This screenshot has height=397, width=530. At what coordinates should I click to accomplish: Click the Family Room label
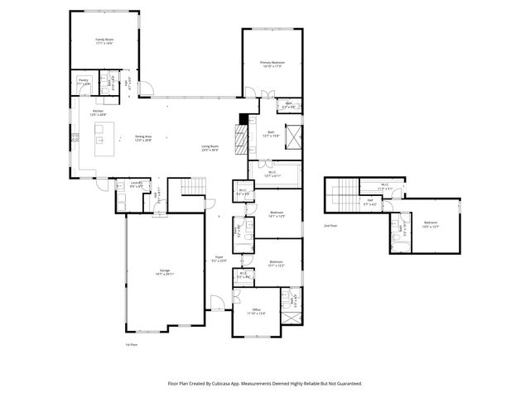coord(104,40)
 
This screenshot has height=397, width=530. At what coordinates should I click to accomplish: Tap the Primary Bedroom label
coord(272,63)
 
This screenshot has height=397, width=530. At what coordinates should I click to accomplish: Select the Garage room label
coord(164,270)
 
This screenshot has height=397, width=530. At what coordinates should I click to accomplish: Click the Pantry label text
coord(84,82)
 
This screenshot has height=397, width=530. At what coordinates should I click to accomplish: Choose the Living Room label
coord(210,148)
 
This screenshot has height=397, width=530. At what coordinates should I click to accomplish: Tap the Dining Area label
coord(143,139)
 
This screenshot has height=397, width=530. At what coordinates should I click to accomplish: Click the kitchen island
coord(104,133)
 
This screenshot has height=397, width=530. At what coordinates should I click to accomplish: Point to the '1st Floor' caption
coord(130,344)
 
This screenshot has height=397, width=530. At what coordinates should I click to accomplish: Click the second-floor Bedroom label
coord(431,223)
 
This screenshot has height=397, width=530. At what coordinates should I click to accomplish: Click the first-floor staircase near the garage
coord(191,188)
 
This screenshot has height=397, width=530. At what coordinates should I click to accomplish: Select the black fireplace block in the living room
coord(242,118)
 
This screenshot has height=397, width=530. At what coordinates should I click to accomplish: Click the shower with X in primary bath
coord(294,136)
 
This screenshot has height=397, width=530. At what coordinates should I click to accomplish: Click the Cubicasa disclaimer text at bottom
coord(265,383)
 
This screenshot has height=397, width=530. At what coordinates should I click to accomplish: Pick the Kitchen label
coord(97,112)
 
